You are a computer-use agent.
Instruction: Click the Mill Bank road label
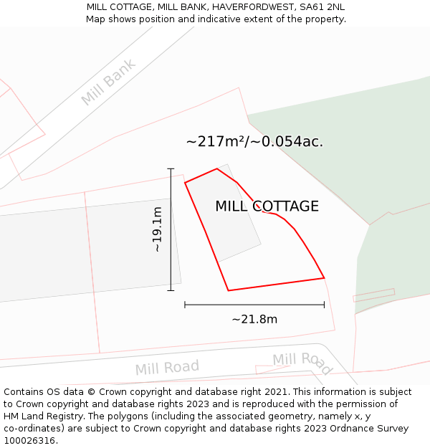(107, 82)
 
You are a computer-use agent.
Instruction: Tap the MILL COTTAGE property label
(267, 206)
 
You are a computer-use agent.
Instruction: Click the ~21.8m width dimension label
(254, 319)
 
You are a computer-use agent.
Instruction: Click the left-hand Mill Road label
(167, 368)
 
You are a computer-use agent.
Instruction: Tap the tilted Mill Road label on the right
(302, 363)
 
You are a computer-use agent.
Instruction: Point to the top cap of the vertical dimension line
(171, 168)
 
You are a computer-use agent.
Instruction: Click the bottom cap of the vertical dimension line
(171, 290)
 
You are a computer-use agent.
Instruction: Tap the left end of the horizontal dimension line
(185, 305)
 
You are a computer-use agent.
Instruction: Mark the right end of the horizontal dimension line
(324, 305)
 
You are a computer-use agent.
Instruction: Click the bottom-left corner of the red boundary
(229, 290)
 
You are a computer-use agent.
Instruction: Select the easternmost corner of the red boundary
(324, 277)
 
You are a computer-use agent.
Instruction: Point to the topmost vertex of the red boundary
(217, 169)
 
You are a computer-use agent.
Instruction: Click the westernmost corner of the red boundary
(185, 183)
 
